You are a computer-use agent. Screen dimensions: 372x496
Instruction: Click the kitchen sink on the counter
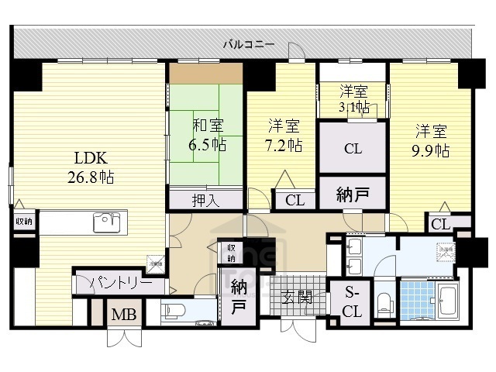coord(105,223)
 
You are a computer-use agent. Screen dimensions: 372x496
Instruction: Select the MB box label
coord(120,315)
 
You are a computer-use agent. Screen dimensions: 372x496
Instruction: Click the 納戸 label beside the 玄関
coord(237,294)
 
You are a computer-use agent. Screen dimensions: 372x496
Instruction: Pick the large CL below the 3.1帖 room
coord(353,149)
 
